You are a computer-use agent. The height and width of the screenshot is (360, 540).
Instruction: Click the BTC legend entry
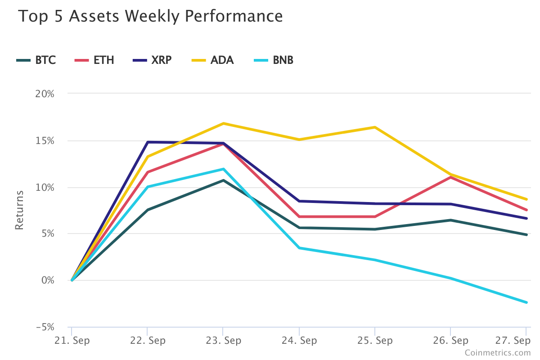36,60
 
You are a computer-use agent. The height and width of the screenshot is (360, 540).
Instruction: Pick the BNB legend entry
274,60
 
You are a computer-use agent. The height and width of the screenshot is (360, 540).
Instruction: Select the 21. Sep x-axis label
72,340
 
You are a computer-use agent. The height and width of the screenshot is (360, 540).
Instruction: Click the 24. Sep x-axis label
299,340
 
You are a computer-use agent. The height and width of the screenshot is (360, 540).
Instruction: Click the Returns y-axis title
19,210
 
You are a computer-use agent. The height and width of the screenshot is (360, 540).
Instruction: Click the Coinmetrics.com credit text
498,353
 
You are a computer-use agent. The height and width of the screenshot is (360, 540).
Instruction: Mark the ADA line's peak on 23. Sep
223,123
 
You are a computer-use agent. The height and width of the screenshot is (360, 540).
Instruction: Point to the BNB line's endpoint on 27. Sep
526,302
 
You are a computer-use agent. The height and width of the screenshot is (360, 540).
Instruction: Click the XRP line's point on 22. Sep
148,142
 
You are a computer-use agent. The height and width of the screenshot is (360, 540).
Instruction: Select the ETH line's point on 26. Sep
450,177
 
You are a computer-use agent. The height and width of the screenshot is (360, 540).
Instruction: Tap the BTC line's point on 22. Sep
148,210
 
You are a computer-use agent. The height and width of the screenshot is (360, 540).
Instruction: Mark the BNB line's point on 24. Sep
299,248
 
